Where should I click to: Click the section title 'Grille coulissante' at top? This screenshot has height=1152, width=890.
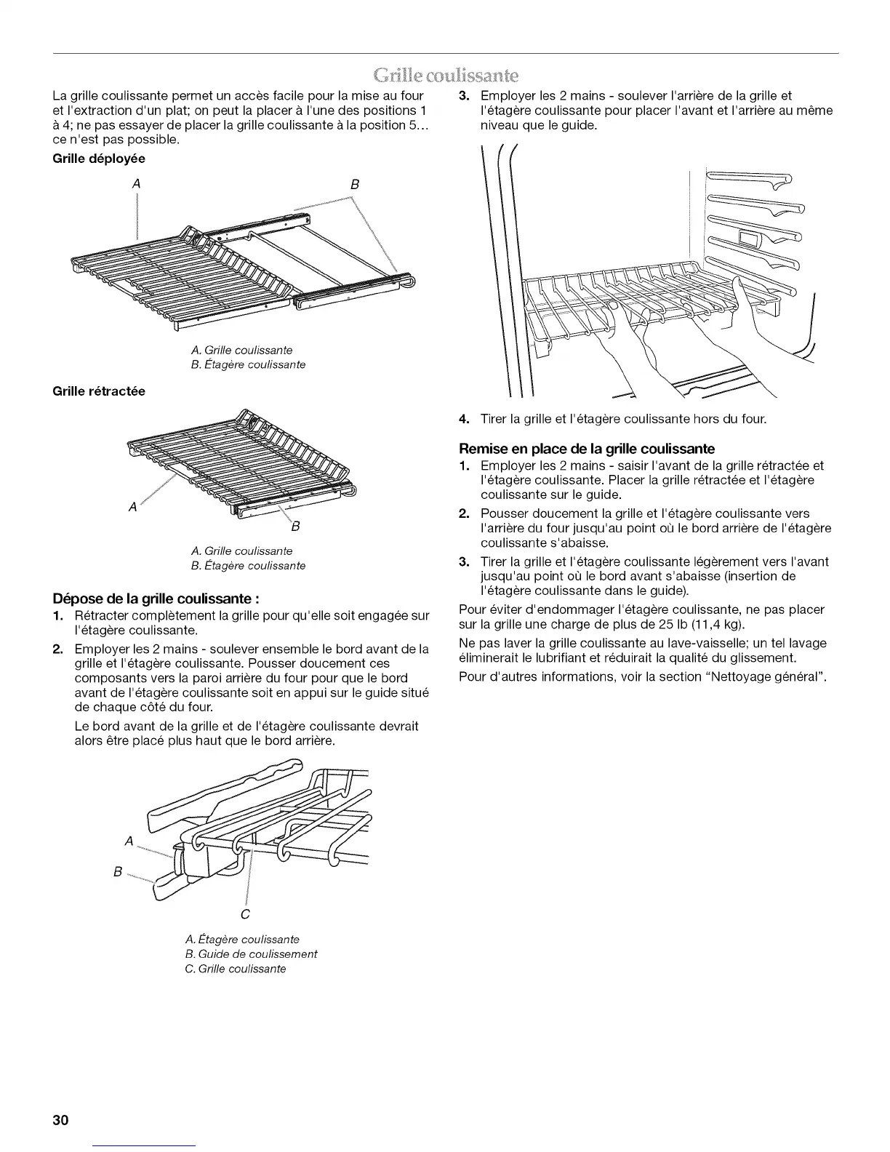click(444, 75)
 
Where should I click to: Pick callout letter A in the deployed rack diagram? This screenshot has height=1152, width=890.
click(136, 184)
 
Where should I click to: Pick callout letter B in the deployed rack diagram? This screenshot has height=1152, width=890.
click(355, 184)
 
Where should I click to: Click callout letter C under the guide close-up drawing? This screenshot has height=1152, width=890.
click(245, 913)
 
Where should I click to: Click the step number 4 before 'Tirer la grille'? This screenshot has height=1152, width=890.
click(463, 420)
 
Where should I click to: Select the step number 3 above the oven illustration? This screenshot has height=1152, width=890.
click(463, 95)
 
